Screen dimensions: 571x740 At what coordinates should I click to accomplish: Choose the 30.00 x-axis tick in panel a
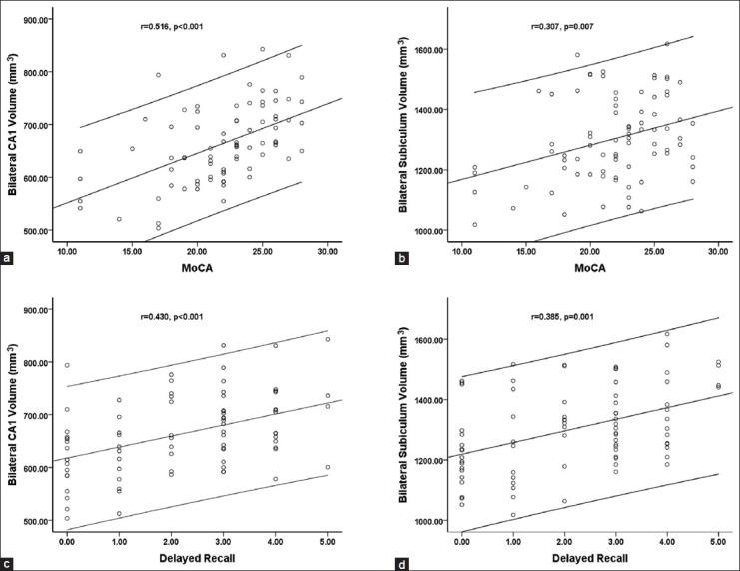[327, 248]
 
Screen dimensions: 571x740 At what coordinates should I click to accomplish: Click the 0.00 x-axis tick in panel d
[461, 538]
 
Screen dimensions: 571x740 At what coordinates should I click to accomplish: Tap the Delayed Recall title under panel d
[588, 554]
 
